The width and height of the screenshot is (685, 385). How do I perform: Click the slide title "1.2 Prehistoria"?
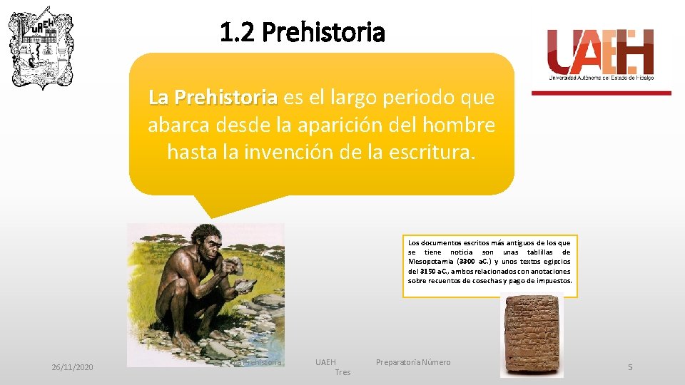point(303,32)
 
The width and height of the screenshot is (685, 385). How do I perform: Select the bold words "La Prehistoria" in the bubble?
point(213,96)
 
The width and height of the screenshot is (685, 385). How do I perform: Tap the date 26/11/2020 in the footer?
point(72,366)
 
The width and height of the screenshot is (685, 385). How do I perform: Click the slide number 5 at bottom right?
point(630,366)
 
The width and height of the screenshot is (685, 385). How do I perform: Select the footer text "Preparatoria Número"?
point(413,362)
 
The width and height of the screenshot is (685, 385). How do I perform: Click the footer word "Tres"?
point(342,372)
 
